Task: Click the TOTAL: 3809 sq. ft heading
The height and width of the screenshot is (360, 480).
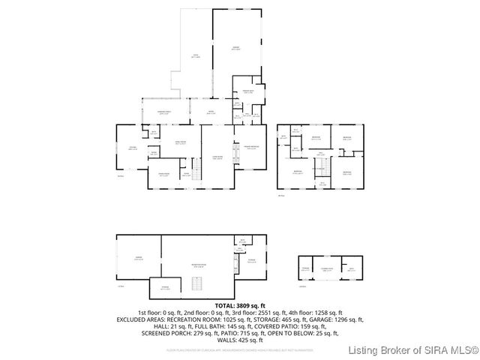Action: coord(240,306)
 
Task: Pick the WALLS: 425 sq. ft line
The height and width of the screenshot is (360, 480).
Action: coord(240,340)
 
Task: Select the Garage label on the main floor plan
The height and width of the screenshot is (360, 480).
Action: coord(235,48)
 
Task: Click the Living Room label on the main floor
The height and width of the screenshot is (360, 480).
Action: coord(217,158)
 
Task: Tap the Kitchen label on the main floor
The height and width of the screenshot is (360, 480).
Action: coord(133,149)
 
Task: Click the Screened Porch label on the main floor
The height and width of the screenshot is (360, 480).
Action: coord(163,112)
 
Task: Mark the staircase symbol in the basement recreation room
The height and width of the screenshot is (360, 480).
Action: coord(198,283)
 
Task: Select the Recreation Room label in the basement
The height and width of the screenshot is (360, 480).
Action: coord(199,265)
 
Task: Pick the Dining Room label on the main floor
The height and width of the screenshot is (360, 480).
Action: coord(163,173)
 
